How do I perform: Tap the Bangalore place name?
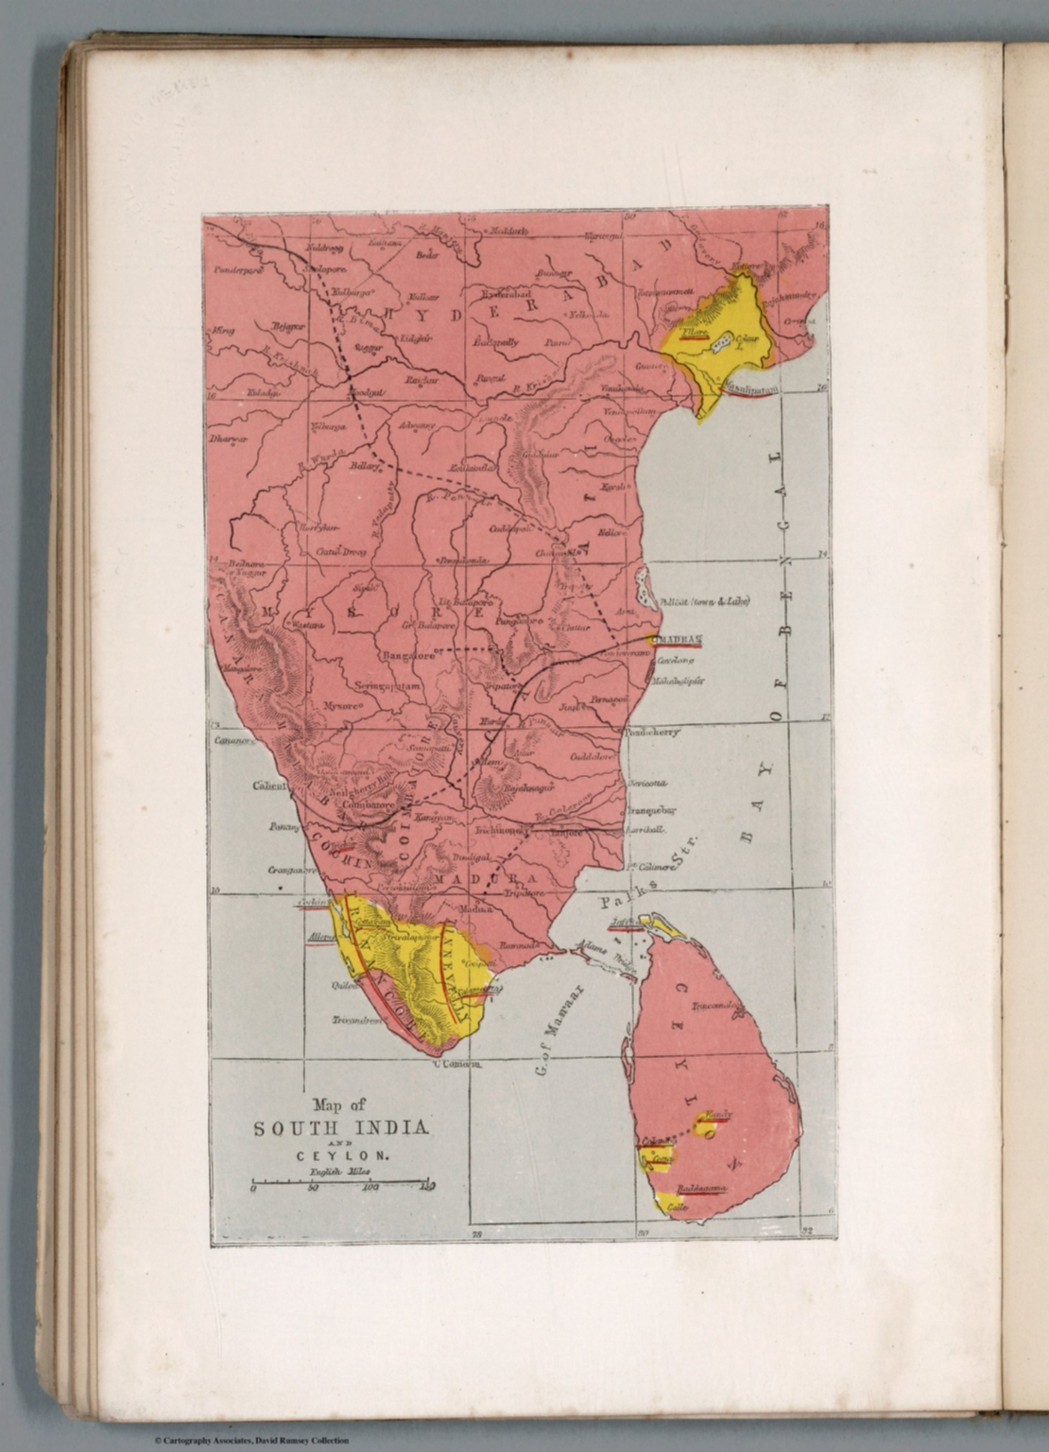[x=407, y=654]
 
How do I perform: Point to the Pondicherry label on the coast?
[x=653, y=731]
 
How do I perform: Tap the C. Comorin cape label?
[x=457, y=1064]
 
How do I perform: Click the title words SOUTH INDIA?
[x=341, y=1129]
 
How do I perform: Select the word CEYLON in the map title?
[x=341, y=1155]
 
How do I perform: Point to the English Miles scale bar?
[x=342, y=1182]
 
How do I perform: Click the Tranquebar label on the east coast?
[x=647, y=810]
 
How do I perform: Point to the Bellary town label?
[x=364, y=466]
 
